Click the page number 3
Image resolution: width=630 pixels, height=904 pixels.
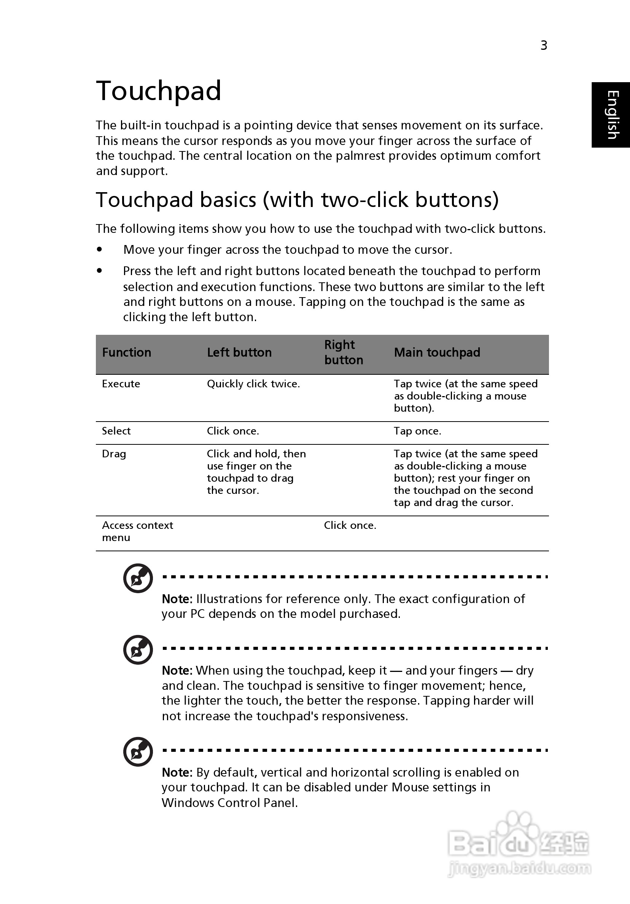[x=543, y=46]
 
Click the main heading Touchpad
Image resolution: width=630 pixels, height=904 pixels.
[x=158, y=91]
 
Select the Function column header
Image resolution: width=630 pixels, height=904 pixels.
[x=126, y=352]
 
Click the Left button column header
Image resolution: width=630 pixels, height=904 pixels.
[x=239, y=352]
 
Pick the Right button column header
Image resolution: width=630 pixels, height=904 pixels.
[x=344, y=352]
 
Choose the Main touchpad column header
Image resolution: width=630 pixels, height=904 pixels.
[x=437, y=352]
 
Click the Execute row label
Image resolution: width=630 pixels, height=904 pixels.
[x=121, y=384]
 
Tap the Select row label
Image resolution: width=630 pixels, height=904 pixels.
[x=116, y=431]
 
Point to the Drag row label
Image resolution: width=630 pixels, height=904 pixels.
[x=114, y=454]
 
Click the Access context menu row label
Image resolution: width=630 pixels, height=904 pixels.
[x=137, y=531]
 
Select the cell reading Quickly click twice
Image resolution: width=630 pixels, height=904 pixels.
[x=253, y=384]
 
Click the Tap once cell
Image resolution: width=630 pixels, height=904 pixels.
[x=417, y=431]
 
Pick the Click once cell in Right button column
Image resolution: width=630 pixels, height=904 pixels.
[x=350, y=525]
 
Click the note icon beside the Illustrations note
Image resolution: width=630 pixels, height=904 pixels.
[x=138, y=578]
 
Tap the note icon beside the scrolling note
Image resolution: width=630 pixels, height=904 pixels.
[x=138, y=751]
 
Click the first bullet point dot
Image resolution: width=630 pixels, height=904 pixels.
[x=100, y=250]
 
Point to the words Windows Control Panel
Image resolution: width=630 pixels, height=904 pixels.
[x=229, y=802]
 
